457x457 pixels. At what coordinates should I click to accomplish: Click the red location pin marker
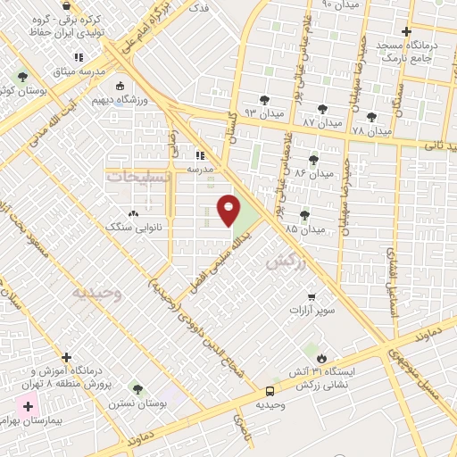coord(228,208)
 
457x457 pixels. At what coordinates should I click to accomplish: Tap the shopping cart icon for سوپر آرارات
coord(311,297)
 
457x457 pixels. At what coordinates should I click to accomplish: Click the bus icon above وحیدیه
coord(270,391)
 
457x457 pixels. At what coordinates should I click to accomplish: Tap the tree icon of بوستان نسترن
coord(137,388)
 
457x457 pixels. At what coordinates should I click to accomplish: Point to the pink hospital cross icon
coord(29,407)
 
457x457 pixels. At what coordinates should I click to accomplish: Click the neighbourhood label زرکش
coord(280,263)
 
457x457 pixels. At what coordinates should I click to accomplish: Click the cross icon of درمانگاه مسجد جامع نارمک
coord(406,32)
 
